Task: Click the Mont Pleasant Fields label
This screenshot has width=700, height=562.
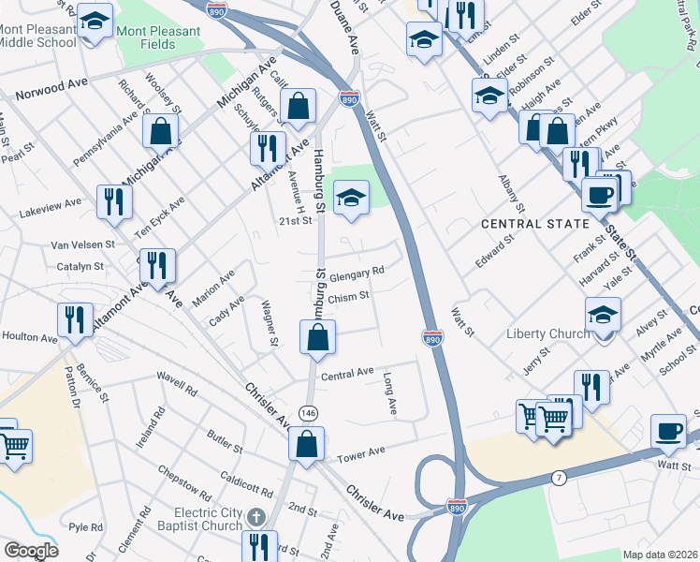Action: click(158, 37)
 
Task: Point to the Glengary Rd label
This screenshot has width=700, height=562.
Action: click(357, 271)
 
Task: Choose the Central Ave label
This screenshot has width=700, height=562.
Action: click(347, 374)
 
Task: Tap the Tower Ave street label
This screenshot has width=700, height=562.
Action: click(361, 451)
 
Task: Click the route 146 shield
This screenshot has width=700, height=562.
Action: click(307, 412)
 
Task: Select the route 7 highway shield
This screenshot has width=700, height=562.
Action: click(559, 478)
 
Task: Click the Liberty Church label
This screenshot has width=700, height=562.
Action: click(547, 333)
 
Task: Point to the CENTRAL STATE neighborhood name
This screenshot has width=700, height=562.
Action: click(535, 224)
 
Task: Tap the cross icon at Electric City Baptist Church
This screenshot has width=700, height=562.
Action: click(255, 516)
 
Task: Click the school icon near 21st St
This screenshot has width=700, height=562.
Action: click(352, 198)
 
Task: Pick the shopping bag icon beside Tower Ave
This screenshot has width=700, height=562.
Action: click(307, 445)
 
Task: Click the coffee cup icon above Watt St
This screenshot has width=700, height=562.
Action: click(668, 429)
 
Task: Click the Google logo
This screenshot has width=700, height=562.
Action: click(31, 550)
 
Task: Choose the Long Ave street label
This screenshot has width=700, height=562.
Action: click(390, 394)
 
